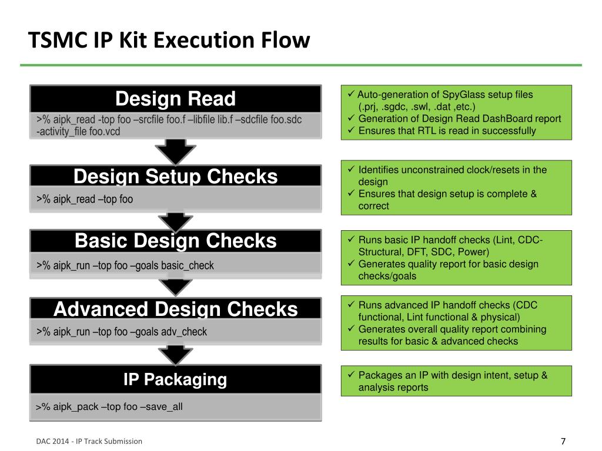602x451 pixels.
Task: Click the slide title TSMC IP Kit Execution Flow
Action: (169, 40)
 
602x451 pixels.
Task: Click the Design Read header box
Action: (175, 99)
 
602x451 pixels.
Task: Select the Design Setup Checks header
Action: (175, 176)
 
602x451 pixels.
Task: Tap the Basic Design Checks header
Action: (175, 241)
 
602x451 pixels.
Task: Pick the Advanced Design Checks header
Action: (175, 309)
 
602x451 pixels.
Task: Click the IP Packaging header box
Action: (175, 379)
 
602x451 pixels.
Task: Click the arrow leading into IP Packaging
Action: (175, 355)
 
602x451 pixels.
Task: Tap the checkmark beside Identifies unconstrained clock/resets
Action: (351, 169)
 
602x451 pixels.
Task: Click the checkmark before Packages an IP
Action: (351, 374)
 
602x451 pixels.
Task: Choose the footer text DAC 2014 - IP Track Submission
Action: (89, 442)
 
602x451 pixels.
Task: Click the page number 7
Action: (563, 442)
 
